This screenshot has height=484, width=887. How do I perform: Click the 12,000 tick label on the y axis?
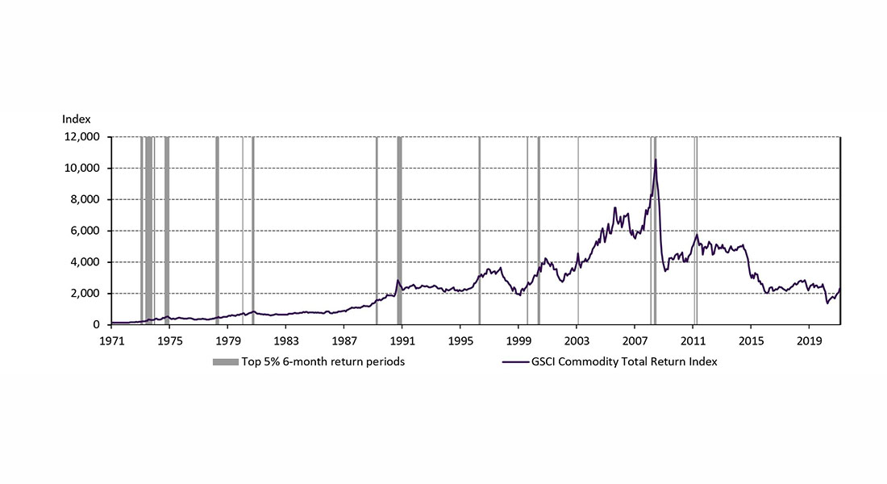pyautogui.click(x=81, y=137)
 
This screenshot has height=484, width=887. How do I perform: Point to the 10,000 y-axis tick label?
pyautogui.click(x=81, y=169)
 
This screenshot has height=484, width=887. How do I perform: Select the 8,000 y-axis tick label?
pyautogui.click(x=85, y=200)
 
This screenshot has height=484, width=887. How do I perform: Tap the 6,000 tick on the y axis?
pyautogui.click(x=85, y=231)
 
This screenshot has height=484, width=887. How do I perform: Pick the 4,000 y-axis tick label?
pyautogui.click(x=85, y=262)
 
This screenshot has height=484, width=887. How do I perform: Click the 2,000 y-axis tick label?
pyautogui.click(x=85, y=294)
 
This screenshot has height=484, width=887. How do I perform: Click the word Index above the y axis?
pyautogui.click(x=77, y=119)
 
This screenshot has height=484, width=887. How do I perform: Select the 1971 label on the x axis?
pyautogui.click(x=111, y=340)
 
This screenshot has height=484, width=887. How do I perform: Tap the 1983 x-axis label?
pyautogui.click(x=286, y=340)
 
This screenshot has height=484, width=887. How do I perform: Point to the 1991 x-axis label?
pyautogui.click(x=402, y=340)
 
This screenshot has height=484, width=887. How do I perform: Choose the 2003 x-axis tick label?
pyautogui.click(x=577, y=340)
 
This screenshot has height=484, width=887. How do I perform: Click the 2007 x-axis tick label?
pyautogui.click(x=635, y=340)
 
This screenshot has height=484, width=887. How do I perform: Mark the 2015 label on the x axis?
pyautogui.click(x=752, y=340)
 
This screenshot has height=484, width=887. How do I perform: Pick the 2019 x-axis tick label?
pyautogui.click(x=810, y=340)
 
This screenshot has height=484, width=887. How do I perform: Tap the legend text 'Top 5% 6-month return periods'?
pyautogui.click(x=323, y=362)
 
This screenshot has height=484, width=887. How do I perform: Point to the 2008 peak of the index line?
pyautogui.click(x=656, y=160)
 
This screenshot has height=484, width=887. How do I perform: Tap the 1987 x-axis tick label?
pyautogui.click(x=344, y=340)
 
